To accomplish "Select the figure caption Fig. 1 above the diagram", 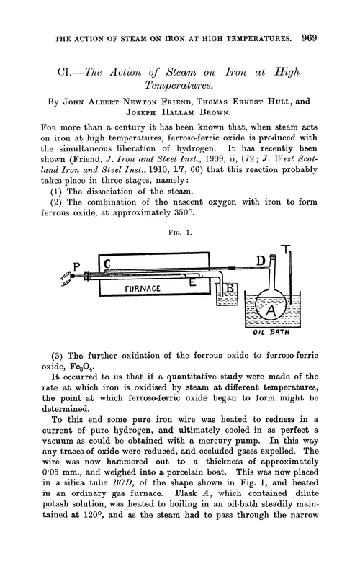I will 180,233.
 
